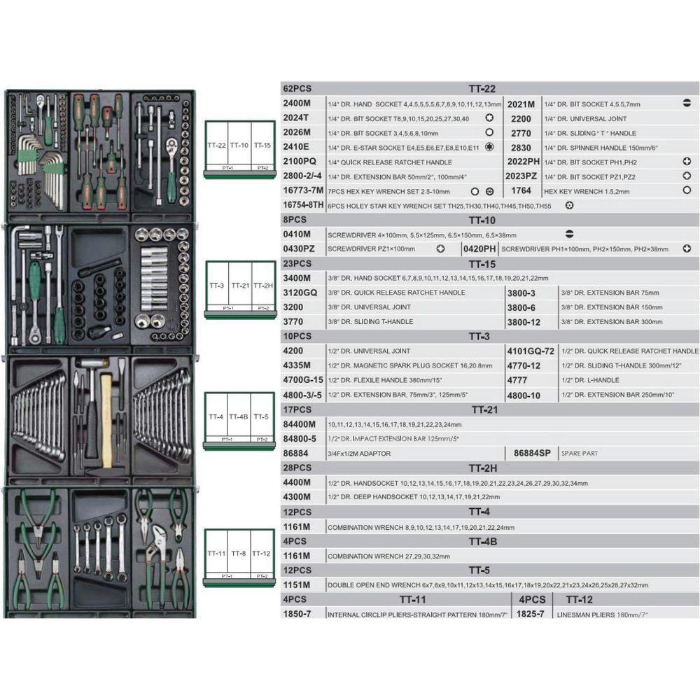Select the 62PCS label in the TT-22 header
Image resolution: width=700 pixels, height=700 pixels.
point(294,89)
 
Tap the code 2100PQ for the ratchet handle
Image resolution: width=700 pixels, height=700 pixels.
point(299,162)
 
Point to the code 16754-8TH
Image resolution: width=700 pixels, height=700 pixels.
point(303,205)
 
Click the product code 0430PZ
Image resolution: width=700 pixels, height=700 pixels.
point(297,248)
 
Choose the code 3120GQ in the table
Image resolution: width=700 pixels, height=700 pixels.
point(299,293)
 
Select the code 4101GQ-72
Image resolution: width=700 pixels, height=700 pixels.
point(530,351)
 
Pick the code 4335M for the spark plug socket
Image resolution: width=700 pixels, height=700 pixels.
point(296,365)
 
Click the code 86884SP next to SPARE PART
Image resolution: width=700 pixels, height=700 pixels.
point(533,454)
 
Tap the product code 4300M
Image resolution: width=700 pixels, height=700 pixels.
point(296,497)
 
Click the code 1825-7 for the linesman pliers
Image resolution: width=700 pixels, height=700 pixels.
point(530,614)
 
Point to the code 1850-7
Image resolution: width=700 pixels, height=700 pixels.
point(296,614)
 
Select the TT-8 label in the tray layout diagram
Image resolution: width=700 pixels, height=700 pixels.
point(239,553)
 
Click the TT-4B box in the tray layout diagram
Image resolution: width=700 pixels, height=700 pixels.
point(239,417)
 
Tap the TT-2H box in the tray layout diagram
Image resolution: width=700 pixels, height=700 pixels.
point(262,286)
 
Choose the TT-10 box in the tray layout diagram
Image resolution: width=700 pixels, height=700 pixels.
point(239,145)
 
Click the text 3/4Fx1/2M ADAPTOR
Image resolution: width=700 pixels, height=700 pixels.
point(359,454)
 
